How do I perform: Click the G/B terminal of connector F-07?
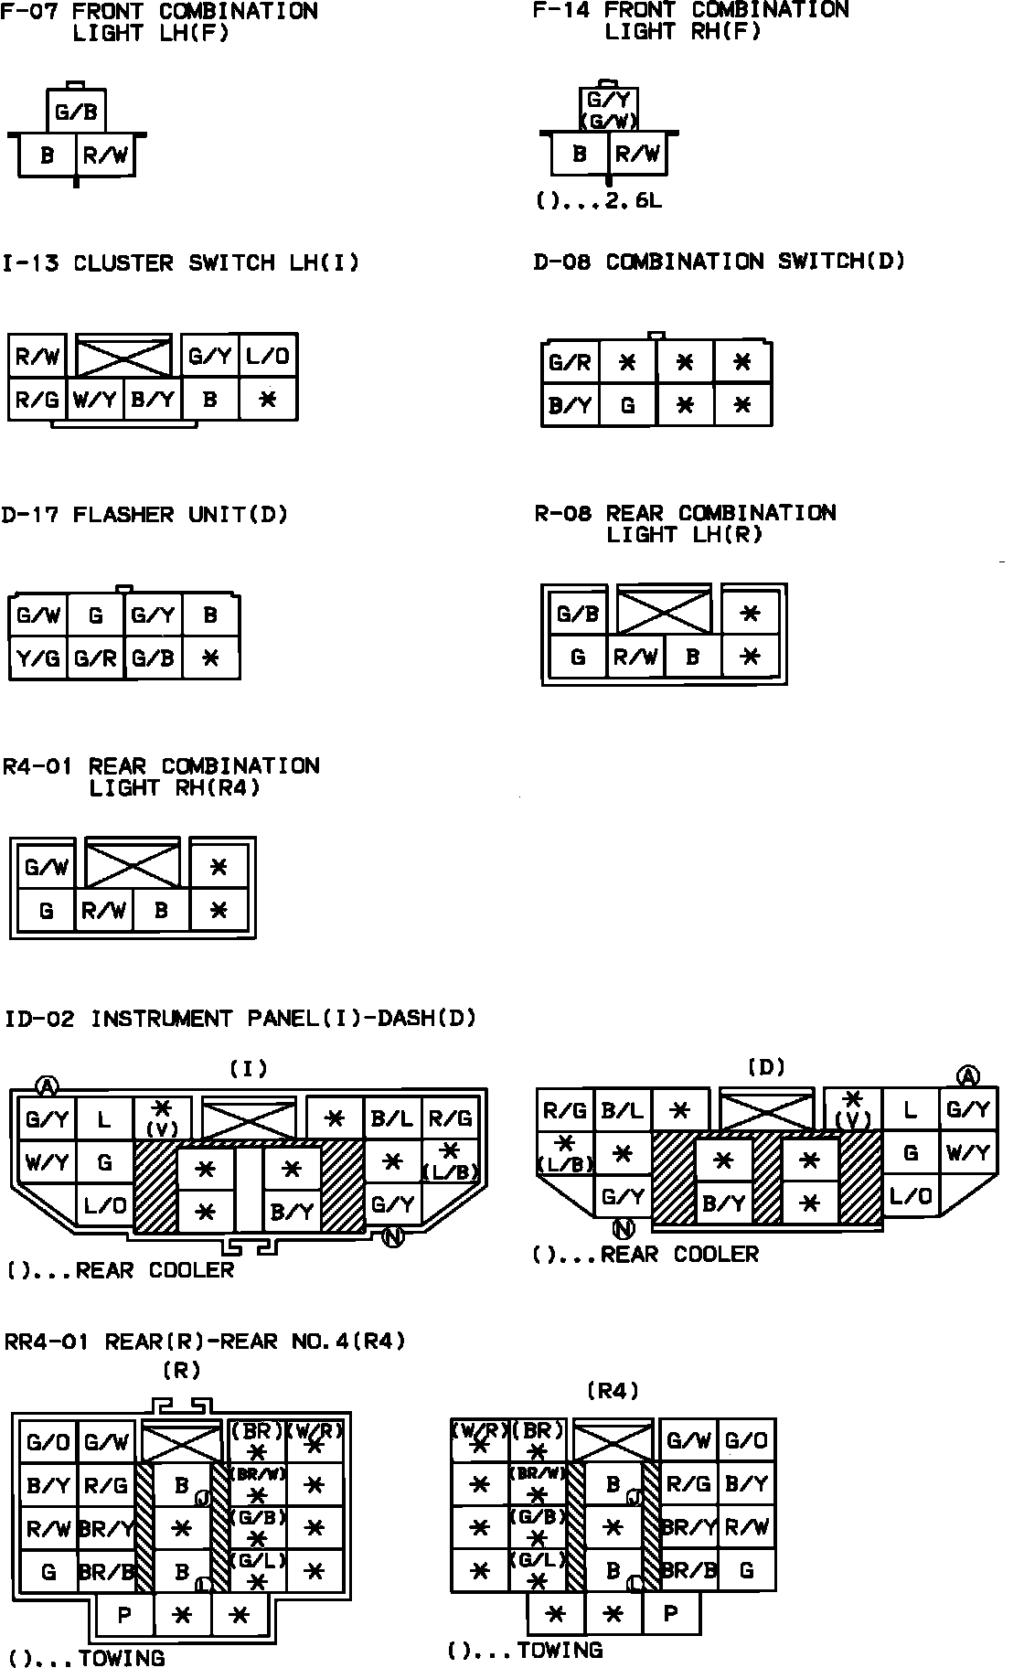click(x=77, y=112)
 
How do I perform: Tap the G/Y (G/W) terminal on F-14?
click(x=609, y=109)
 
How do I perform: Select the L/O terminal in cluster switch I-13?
click(x=268, y=357)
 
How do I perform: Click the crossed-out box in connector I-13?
click(x=123, y=357)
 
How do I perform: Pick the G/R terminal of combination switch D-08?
click(x=571, y=363)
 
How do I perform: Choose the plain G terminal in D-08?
click(x=627, y=404)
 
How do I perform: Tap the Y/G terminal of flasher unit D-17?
click(x=37, y=658)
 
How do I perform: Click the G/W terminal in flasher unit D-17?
click(x=37, y=615)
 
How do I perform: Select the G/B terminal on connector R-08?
click(x=578, y=614)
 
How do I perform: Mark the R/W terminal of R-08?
click(x=635, y=657)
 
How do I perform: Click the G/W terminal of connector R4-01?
click(x=47, y=867)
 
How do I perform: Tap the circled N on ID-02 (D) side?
click(x=625, y=1230)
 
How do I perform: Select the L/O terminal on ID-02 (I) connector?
click(x=105, y=1205)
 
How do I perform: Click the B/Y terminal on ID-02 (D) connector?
click(x=723, y=1203)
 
